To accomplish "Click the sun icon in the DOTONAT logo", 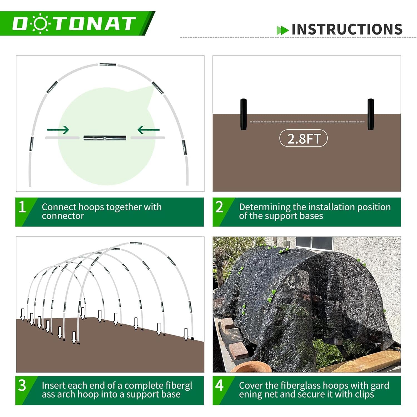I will tap(40, 24).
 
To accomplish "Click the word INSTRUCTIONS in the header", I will tap(347, 29).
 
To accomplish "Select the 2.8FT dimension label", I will tap(304, 138).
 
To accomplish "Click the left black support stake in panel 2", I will tap(244, 114).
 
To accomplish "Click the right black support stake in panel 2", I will tap(371, 114).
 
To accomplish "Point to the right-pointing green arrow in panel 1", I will tap(58, 130).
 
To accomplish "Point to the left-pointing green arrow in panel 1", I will tap(148, 130).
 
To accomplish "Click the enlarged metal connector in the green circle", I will tap(105, 138).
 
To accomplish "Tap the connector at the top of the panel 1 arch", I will tap(108, 65).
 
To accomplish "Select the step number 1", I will tap(22, 207).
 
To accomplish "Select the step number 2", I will tap(219, 207).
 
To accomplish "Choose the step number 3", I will tap(22, 386).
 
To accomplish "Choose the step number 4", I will tap(219, 386).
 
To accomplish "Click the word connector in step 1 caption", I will tap(63, 216).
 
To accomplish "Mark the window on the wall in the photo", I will tap(314, 243).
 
